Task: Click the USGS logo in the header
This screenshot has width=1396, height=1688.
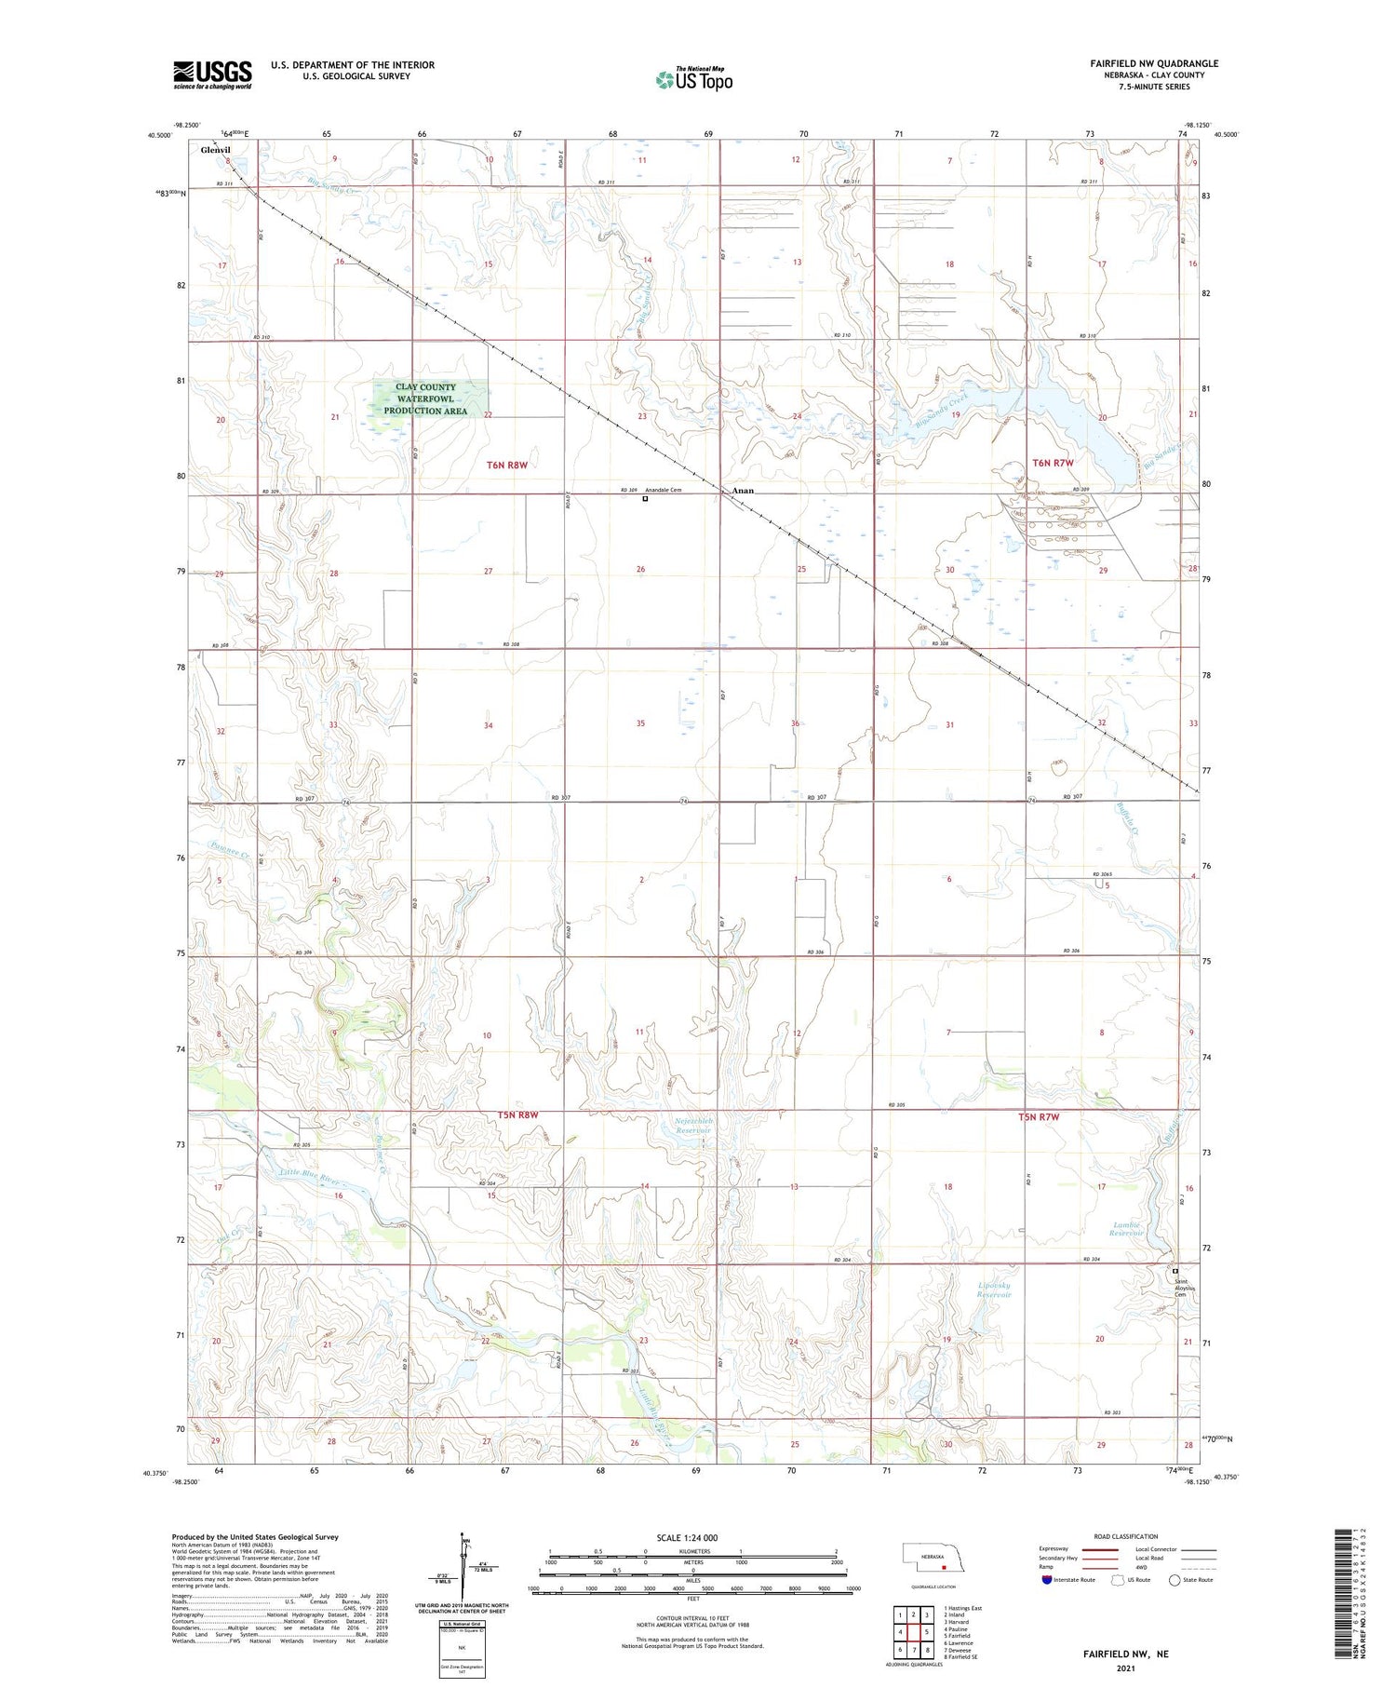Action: tap(212, 74)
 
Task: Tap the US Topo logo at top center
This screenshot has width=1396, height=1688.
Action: tap(693, 80)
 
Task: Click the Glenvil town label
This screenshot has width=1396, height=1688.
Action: tap(216, 149)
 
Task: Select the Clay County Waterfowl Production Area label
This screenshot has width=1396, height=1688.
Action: tap(425, 398)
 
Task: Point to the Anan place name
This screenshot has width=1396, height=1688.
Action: tap(742, 490)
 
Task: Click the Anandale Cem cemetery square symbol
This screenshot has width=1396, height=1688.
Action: tap(645, 499)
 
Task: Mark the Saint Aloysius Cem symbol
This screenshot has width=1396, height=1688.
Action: tap(1175, 1271)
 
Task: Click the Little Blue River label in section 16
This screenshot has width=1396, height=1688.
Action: tap(313, 1177)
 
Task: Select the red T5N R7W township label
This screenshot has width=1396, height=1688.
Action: tap(1039, 1117)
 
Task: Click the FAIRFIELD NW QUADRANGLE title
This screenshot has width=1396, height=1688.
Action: tap(1154, 63)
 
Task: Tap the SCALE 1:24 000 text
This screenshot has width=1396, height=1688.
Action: tap(687, 1537)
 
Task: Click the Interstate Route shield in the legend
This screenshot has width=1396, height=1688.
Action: tap(1046, 1580)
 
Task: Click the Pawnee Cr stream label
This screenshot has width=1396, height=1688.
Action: tap(229, 849)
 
